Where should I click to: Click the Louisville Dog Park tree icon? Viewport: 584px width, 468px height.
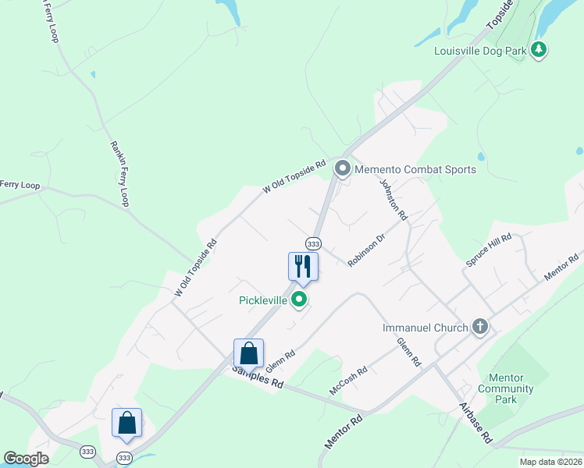[x=538, y=51]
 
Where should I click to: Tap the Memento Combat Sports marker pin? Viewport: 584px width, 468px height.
[x=342, y=168]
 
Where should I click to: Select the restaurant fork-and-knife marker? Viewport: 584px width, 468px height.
[x=302, y=266]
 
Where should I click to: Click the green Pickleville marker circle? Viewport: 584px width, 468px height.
[x=298, y=300]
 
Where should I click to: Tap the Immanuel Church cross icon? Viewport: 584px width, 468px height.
[x=479, y=328]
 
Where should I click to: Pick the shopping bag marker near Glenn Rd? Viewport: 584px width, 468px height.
[x=248, y=353]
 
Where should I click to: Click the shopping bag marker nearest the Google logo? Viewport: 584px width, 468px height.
[x=126, y=423]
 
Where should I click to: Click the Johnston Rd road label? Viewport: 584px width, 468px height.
[x=393, y=199]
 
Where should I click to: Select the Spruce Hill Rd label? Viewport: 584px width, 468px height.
[x=489, y=249]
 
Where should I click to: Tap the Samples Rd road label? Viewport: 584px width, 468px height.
[x=255, y=378]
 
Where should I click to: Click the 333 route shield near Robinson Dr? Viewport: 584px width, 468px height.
[x=313, y=243]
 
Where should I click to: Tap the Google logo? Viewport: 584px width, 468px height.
[x=26, y=458]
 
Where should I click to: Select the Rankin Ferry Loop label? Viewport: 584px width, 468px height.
[x=119, y=173]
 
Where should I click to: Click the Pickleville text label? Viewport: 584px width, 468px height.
[x=263, y=300]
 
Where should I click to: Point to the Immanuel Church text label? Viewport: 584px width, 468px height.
[x=425, y=328]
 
